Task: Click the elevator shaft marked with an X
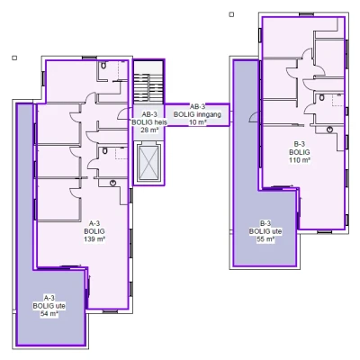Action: point(149,163)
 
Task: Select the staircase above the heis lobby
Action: point(148,88)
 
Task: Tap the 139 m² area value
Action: point(94,239)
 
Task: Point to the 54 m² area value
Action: point(49,314)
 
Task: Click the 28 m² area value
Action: point(149,130)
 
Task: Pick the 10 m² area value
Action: point(197,122)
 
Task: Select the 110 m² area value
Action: point(300,160)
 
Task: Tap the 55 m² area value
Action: point(265,239)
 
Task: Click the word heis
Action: point(160,122)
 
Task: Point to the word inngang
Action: point(209,114)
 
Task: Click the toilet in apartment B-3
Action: point(322,97)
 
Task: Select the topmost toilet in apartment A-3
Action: point(103,66)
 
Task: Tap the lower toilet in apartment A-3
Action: point(104,150)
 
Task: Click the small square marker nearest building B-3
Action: point(231,14)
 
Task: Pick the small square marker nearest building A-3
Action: point(14,58)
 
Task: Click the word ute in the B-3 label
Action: point(276,231)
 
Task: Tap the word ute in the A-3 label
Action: point(60,306)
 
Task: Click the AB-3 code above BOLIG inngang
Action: point(197,106)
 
